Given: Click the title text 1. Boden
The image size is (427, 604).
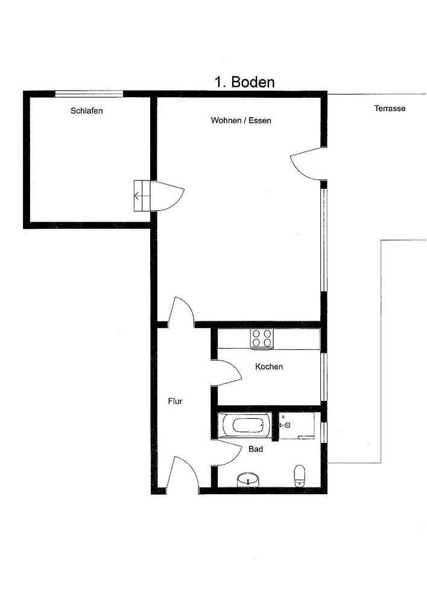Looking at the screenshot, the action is pos(245,82).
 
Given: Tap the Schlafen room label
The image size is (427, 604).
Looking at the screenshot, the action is pos(87,111).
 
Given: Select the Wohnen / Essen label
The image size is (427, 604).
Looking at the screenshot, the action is pos(241,120).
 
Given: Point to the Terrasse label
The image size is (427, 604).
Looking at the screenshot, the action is pos(390,108).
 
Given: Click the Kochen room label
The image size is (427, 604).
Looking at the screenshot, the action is pos(269,367).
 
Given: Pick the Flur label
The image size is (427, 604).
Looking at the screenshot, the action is pos(175,401).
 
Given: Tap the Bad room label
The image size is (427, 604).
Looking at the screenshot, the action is pos(256,449).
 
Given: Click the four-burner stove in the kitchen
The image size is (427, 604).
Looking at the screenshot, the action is pos(262,339).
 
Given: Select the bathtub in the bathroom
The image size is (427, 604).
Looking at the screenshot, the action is pos(245,425).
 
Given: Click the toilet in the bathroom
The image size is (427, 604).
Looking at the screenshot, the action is pos(299,475).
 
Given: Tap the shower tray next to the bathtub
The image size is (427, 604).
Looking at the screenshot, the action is pos(297,426).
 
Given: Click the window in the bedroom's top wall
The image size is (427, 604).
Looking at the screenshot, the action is pos(89,94).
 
